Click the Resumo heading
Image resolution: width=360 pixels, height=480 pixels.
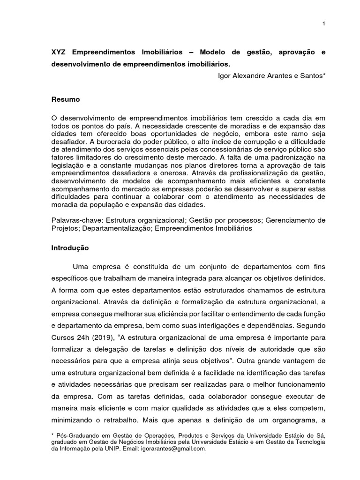point(66,99)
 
